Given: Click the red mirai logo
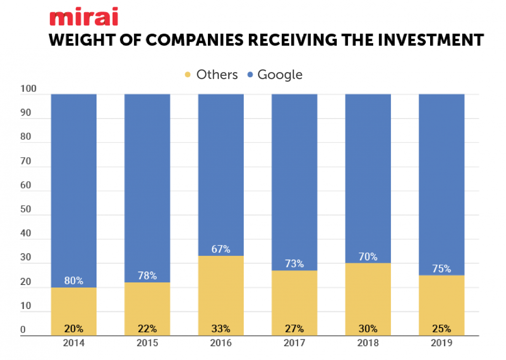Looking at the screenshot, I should [x=83, y=18].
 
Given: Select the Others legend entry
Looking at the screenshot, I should [x=212, y=75].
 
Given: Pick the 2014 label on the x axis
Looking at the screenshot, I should [x=74, y=343].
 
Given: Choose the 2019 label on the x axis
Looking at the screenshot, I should [x=441, y=343].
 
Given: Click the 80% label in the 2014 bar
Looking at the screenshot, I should [x=74, y=280].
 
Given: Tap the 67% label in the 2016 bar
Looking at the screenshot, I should [x=221, y=249].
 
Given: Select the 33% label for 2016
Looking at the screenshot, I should [x=221, y=329].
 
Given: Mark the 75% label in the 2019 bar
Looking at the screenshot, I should [x=441, y=269].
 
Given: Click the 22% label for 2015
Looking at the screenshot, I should [x=147, y=329].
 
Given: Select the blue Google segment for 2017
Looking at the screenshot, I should [x=294, y=177].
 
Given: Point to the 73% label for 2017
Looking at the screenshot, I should [x=294, y=264].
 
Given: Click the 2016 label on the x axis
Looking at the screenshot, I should [x=221, y=343].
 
